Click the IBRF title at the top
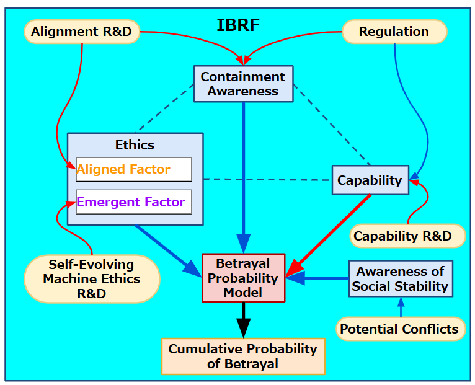point(238,25)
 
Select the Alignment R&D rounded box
point(81,32)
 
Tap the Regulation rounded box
point(394,32)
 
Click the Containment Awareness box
point(243,84)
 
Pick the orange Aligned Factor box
point(133,169)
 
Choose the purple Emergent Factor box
point(133,202)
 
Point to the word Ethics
point(135,145)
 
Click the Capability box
point(370,180)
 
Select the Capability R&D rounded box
point(408,236)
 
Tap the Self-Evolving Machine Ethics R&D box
point(92,279)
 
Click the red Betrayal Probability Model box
point(243,278)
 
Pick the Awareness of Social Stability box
point(400,278)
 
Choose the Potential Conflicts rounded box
point(401,329)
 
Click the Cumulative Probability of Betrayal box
point(243,356)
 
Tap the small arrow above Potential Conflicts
point(401,307)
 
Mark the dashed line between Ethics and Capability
point(267,180)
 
